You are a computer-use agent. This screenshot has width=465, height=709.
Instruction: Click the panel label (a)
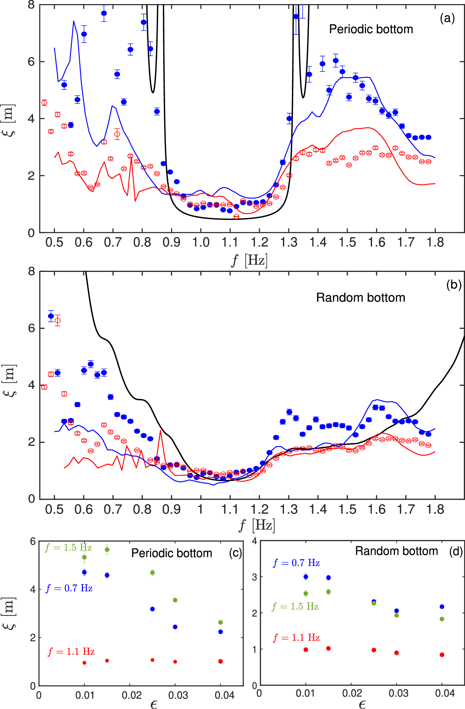click(x=447, y=18)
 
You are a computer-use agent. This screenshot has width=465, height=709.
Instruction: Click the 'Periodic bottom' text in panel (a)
click(x=371, y=29)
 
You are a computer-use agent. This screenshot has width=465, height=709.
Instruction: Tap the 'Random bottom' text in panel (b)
click(x=360, y=298)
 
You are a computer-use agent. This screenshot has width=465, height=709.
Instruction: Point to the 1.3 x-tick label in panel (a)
click(x=289, y=242)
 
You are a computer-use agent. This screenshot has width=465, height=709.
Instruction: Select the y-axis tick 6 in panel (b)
click(x=32, y=328)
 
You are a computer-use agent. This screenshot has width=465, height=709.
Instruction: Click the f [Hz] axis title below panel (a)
click(x=249, y=260)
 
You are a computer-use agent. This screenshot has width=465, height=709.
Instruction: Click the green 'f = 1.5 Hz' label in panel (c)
click(x=68, y=548)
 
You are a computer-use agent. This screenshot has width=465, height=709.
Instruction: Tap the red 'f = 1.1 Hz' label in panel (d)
click(x=296, y=638)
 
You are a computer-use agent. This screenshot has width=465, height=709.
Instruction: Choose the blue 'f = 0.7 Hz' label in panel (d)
click(x=296, y=563)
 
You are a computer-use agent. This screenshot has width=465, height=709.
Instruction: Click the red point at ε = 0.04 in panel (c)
click(x=221, y=661)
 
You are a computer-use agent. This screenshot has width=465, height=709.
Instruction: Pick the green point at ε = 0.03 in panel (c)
click(x=175, y=600)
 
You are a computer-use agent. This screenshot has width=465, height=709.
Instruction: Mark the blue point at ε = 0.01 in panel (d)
click(x=306, y=577)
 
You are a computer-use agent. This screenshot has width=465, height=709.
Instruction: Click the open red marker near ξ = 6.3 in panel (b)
click(x=57, y=320)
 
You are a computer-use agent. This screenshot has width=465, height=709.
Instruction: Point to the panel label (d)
click(x=456, y=552)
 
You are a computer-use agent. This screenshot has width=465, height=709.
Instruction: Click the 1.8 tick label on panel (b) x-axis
click(x=435, y=509)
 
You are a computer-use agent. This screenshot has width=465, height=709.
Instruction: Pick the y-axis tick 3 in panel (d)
click(x=255, y=577)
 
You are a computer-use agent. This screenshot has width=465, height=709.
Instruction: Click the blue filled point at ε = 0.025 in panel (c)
click(x=152, y=609)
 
